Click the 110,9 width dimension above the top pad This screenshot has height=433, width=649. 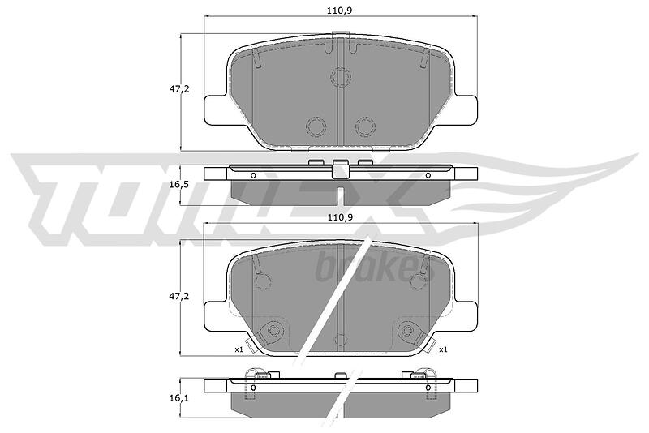click(339, 11)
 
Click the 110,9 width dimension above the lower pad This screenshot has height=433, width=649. click(339, 217)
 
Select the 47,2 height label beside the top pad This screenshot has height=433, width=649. click(178, 88)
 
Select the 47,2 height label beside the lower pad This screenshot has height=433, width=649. click(178, 296)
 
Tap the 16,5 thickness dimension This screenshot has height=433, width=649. click(178, 184)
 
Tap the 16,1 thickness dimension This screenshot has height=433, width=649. click(178, 398)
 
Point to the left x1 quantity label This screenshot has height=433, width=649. click(239, 349)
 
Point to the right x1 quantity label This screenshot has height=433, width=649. click(443, 349)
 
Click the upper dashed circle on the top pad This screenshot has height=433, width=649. click(341, 77)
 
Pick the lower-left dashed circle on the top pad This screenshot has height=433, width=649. click(316, 126)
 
